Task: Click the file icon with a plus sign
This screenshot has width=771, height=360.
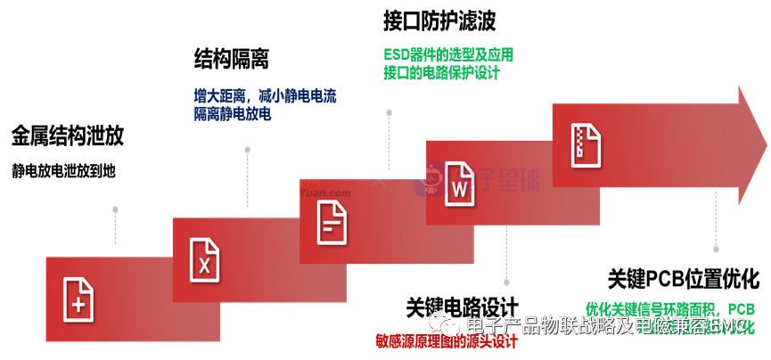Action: pos(78,299)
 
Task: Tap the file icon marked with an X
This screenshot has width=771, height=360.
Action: pos(204,259)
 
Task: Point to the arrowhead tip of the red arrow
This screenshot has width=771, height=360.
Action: pos(766,145)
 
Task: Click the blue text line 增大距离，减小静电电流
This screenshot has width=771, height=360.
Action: pos(265,95)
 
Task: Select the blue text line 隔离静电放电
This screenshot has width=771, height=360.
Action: pos(232,114)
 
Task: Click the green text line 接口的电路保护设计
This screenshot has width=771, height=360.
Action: pos(441,73)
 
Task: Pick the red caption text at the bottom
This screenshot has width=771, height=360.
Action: pos(446,340)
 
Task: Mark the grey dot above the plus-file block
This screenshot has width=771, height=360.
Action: pos(115,209)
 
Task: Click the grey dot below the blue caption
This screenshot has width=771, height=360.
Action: pos(247,150)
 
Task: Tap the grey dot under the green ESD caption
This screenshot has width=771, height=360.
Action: pos(389,112)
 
